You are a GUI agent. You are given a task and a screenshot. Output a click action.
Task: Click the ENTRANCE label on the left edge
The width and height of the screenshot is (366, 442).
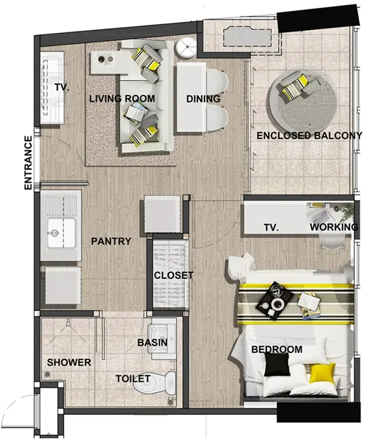28,163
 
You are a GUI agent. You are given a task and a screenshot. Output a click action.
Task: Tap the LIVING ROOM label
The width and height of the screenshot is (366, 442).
122,98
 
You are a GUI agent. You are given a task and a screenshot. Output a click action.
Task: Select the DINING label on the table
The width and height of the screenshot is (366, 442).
203,99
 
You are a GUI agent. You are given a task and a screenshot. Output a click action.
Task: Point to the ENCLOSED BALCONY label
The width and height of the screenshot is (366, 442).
309,136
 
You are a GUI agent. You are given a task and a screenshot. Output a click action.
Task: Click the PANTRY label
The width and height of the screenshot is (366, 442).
111,241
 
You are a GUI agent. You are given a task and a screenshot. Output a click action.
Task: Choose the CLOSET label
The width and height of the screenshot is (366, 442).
174,275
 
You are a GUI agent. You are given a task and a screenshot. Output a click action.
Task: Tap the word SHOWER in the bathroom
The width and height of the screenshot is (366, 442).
69,362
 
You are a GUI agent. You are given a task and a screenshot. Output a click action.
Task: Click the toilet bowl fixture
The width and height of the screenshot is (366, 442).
156,384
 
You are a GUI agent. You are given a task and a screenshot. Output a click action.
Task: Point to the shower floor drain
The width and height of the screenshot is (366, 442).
47,374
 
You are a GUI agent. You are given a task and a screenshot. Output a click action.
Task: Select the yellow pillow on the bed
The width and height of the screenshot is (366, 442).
322,373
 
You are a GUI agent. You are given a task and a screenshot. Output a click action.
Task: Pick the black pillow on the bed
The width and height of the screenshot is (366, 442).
277,364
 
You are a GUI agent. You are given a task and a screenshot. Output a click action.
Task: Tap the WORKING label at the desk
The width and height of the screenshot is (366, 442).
334,227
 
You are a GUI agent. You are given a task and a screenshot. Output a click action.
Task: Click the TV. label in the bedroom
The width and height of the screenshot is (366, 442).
272,227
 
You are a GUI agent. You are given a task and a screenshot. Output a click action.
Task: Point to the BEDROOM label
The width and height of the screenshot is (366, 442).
276,349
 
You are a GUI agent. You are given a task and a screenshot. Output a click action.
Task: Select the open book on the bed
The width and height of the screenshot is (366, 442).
309,301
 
